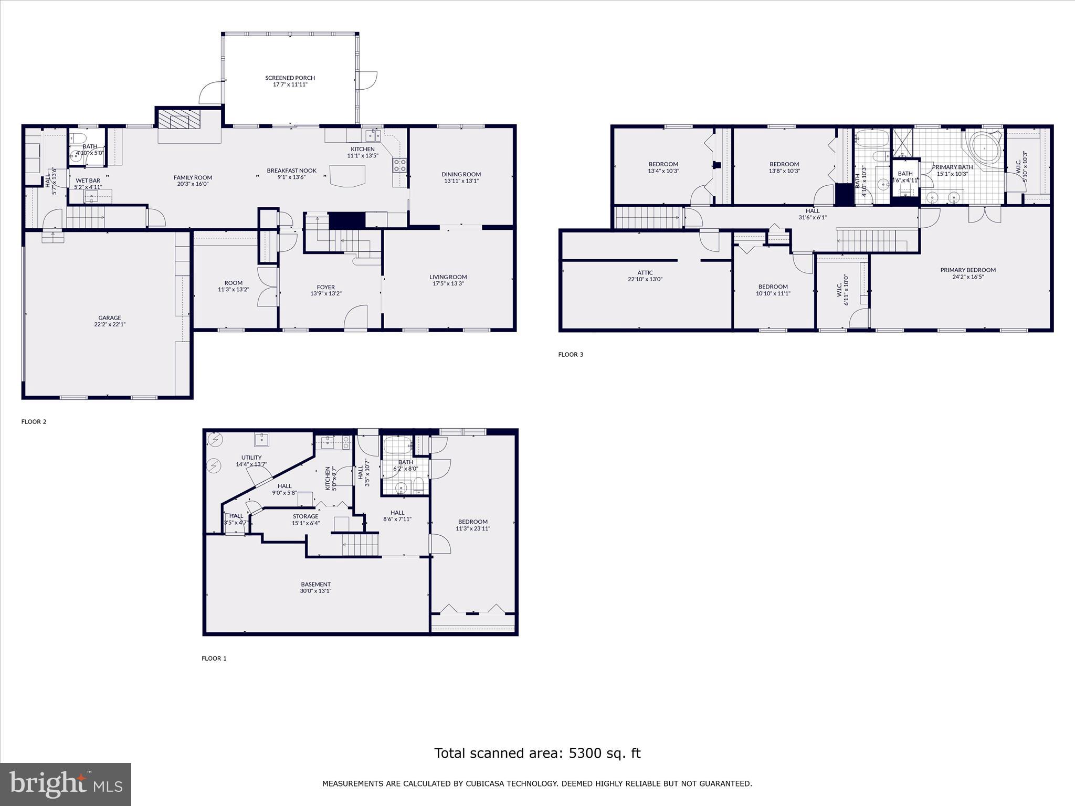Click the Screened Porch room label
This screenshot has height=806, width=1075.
pos(290,78)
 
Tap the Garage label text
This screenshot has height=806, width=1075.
pos(109,317)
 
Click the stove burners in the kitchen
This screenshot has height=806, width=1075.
pos(399,165)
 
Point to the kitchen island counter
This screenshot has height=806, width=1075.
pos(347,175)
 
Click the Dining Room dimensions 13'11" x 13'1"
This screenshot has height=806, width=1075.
pos(461,181)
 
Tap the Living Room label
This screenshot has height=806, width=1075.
pos(448,277)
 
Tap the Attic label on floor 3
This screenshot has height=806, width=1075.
pos(645,273)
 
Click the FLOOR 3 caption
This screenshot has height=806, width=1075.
pos(571,355)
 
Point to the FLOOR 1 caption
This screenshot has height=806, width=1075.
pos(214,659)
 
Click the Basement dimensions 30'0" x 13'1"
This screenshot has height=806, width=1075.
pos(316,591)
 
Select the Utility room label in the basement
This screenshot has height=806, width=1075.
pos(251,458)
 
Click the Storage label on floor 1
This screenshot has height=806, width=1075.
pos(305,516)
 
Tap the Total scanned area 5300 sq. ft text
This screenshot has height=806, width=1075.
pos(537,754)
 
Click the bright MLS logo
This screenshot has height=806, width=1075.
pos(66,784)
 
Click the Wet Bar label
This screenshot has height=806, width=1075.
pos(88,181)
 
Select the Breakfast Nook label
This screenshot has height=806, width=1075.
pos(291,171)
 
